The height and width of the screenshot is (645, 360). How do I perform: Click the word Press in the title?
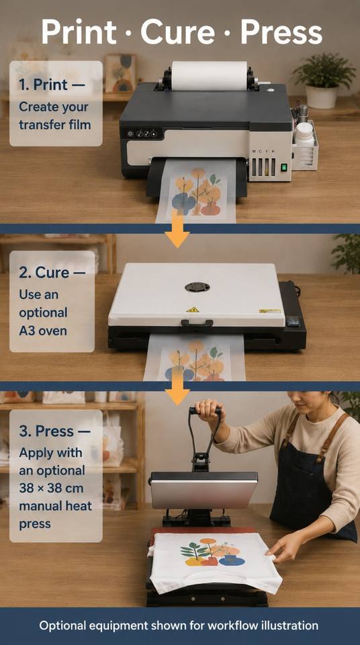click(x=281, y=32)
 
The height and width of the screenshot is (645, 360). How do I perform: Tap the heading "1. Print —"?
click(x=52, y=85)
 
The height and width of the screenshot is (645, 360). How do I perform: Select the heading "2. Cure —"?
click(x=52, y=272)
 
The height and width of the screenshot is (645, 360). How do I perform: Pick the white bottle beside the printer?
click(x=304, y=134)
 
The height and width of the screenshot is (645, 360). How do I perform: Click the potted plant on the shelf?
click(x=324, y=80)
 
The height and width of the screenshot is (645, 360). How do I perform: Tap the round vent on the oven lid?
click(x=197, y=287)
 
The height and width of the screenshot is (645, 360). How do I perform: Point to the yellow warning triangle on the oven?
click(x=193, y=309)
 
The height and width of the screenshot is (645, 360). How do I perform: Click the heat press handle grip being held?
click(x=206, y=411)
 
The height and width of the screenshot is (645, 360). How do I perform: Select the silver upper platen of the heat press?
click(x=204, y=490)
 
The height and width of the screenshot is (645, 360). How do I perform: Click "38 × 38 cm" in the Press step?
click(x=52, y=488)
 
